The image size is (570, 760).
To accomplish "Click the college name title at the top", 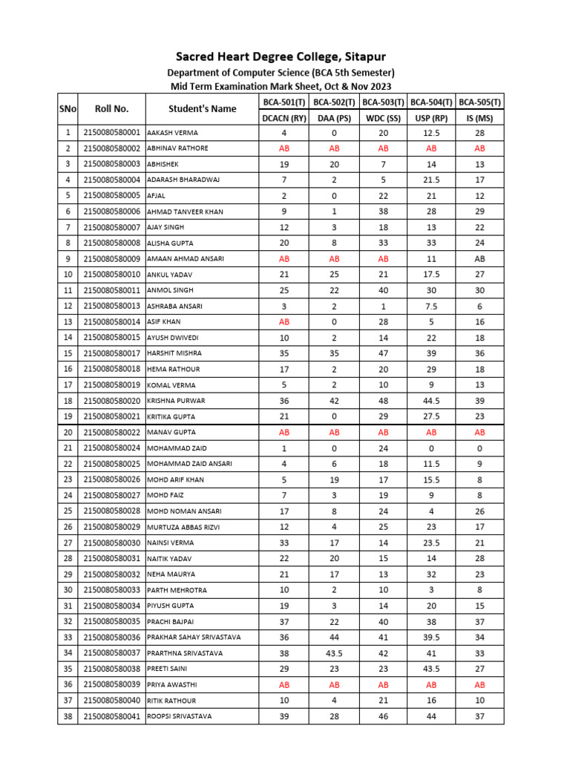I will point(281,57).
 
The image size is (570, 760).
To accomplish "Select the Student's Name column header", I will point(202,109).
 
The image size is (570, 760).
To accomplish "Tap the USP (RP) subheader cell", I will point(431,117).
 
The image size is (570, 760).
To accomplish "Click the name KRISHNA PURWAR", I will point(177,401).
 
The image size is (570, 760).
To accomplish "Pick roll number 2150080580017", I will point(111,353).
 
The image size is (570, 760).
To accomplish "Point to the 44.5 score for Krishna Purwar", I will point(431,401).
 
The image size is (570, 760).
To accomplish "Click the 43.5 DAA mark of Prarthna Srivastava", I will point(334,653).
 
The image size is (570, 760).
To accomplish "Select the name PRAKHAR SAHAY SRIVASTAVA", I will point(194,638).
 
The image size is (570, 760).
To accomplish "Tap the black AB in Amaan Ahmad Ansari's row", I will point(479,259).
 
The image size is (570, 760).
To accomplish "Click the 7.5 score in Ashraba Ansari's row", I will point(431,306).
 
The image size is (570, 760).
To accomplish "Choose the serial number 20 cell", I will point(68,432).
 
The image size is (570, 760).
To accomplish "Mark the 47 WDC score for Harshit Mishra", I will point(383,353).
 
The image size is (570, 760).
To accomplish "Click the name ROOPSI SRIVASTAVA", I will point(179,716).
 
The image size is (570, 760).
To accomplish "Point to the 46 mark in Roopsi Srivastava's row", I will point(383,716).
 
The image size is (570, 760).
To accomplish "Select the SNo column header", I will point(68,109).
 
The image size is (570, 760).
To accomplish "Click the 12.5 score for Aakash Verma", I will point(431,133).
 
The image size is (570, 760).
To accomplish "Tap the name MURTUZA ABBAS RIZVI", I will point(183,527).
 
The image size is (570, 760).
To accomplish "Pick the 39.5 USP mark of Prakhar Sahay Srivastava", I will point(431,638).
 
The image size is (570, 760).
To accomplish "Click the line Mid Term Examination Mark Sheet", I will point(281,86).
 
